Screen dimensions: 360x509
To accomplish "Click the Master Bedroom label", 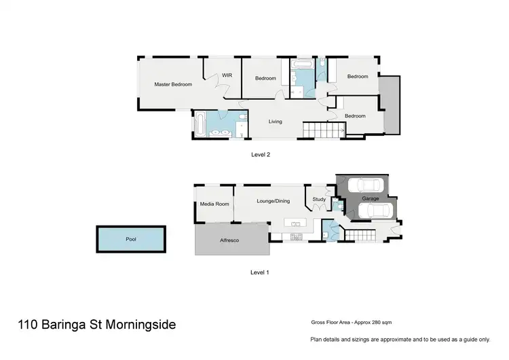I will click(x=173, y=84).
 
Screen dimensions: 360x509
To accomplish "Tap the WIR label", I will click(x=227, y=75).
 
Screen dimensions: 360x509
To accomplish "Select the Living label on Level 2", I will click(x=275, y=122).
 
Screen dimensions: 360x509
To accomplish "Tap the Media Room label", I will click(x=214, y=204).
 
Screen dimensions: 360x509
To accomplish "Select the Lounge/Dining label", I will click(x=273, y=201).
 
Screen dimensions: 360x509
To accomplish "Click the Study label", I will click(x=318, y=200).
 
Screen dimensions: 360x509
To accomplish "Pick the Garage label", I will click(x=370, y=198).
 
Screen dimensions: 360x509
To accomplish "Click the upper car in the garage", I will click(x=364, y=185).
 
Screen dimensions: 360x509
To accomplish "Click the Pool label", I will click(x=130, y=239).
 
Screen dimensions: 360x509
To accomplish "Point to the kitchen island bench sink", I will click(x=295, y=223).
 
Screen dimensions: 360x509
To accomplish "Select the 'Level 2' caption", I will click(x=261, y=154).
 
